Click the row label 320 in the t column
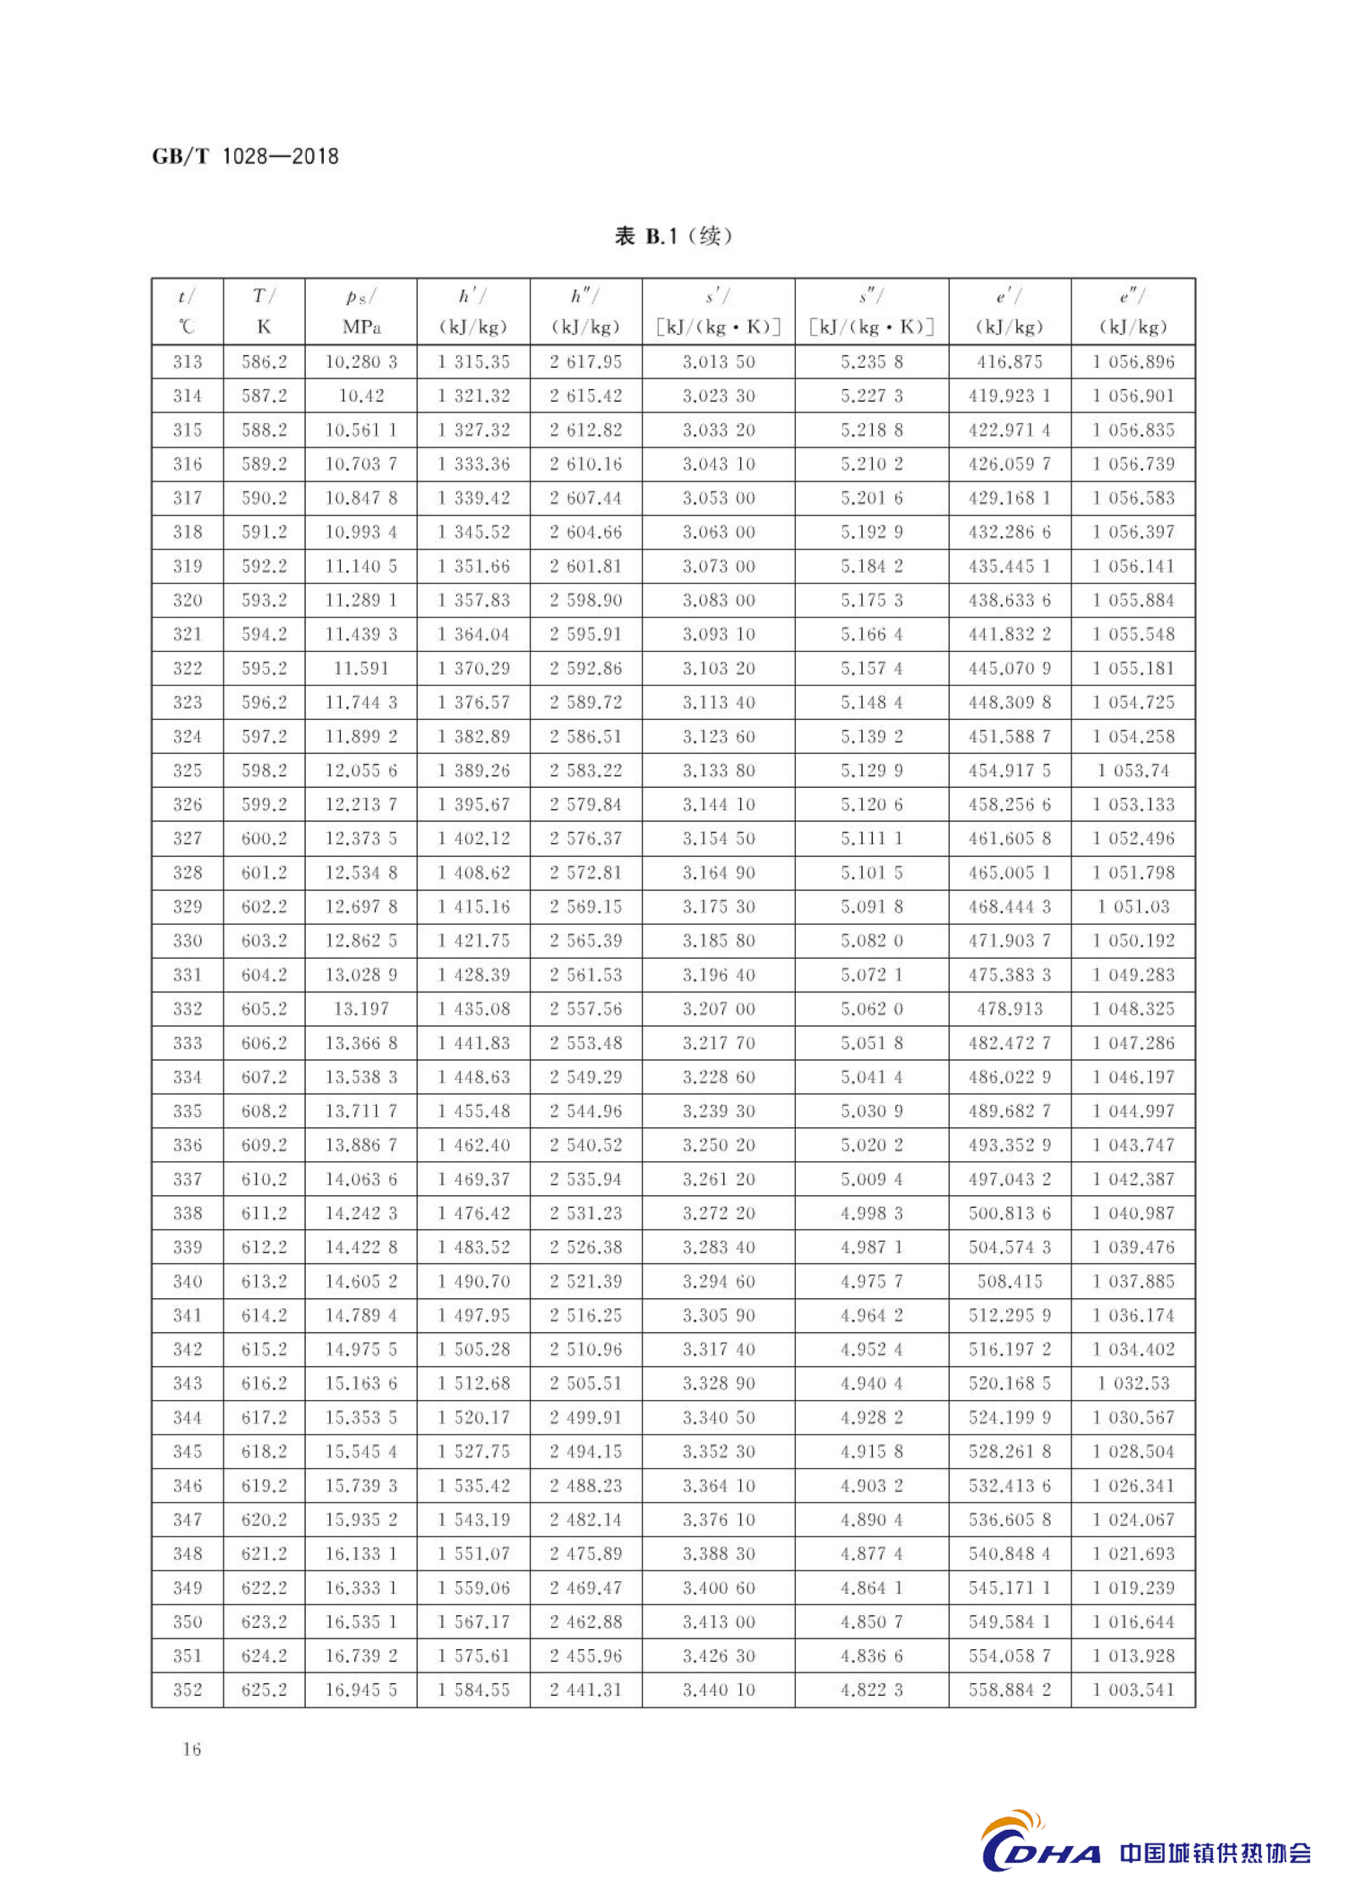pyautogui.click(x=187, y=600)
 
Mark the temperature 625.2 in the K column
pyautogui.click(x=264, y=1689)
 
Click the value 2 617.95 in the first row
pyautogui.click(x=585, y=362)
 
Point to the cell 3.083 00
pyautogui.click(x=718, y=600)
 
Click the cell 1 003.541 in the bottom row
pyautogui.click(x=1133, y=1689)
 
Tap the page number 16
pyautogui.click(x=192, y=1749)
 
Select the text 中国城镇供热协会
pyautogui.click(x=1215, y=1853)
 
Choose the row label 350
pyautogui.click(x=187, y=1621)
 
